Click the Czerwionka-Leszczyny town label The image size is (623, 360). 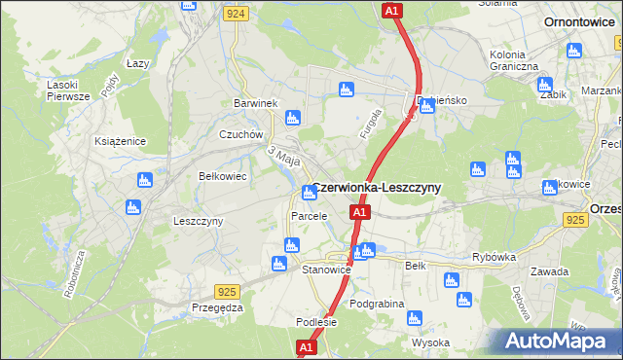pyautogui.click(x=377, y=188)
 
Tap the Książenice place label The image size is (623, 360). pyautogui.click(x=120, y=141)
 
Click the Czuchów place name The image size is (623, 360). pyautogui.click(x=241, y=135)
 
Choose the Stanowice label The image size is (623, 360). pyautogui.click(x=325, y=269)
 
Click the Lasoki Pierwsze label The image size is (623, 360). pyautogui.click(x=68, y=90)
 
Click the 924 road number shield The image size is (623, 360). pyautogui.click(x=234, y=15)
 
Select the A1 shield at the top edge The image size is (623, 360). pyautogui.click(x=391, y=11)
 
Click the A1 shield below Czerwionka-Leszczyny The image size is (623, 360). pyautogui.click(x=360, y=212)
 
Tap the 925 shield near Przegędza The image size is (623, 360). pyautogui.click(x=227, y=291)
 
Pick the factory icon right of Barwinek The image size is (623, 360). pyautogui.click(x=292, y=119)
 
